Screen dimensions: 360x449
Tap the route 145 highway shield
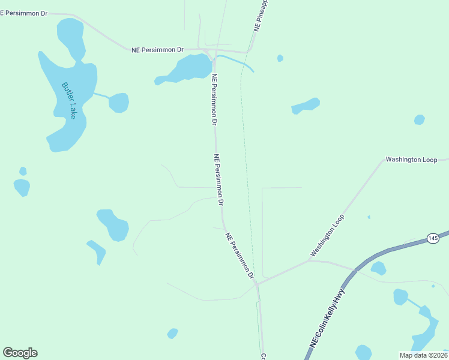[433, 238]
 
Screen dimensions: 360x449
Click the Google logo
[20, 353]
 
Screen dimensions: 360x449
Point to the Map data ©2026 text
[423, 355]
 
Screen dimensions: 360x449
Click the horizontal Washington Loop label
[411, 160]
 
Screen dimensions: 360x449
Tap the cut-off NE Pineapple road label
[261, 16]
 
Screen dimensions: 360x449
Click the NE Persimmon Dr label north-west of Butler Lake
[24, 13]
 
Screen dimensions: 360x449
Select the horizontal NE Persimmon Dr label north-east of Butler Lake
[157, 50]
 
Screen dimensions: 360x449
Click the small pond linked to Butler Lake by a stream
[119, 103]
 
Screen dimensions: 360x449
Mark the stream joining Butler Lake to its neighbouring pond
[101, 96]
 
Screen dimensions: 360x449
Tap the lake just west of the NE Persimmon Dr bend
[183, 69]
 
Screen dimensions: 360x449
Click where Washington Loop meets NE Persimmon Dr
[256, 283]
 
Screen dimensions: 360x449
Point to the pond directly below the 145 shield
[378, 268]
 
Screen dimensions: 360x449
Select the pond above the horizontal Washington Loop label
[420, 119]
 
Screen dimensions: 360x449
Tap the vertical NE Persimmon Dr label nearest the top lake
[214, 99]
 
